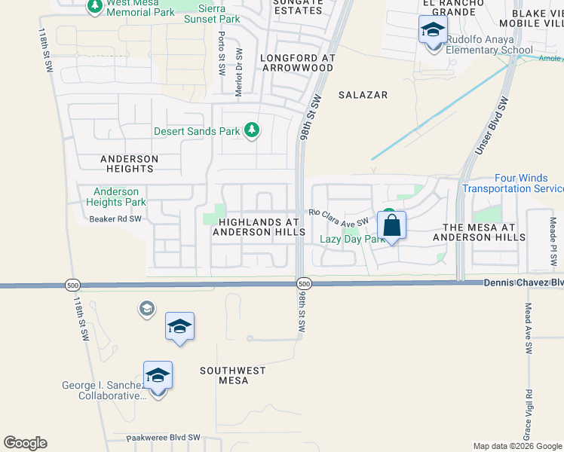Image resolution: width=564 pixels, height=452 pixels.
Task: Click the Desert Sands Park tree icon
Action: (252, 131)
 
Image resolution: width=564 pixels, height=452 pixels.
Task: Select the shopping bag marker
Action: (391, 225)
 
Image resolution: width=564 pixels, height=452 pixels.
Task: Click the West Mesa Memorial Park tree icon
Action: (95, 7)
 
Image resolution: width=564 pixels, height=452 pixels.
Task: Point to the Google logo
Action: (25, 443)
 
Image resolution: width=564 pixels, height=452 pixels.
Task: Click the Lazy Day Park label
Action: (352, 239)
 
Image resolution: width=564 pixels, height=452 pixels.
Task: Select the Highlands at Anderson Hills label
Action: (259, 227)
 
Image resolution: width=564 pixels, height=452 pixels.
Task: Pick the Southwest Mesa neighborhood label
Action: (233, 375)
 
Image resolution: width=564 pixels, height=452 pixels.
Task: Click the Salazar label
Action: (363, 95)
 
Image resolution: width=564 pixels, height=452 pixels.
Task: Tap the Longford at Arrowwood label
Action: (296, 62)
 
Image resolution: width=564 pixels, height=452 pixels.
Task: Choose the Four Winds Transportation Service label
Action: (512, 183)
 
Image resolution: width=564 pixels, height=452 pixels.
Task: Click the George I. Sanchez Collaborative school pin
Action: (158, 376)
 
